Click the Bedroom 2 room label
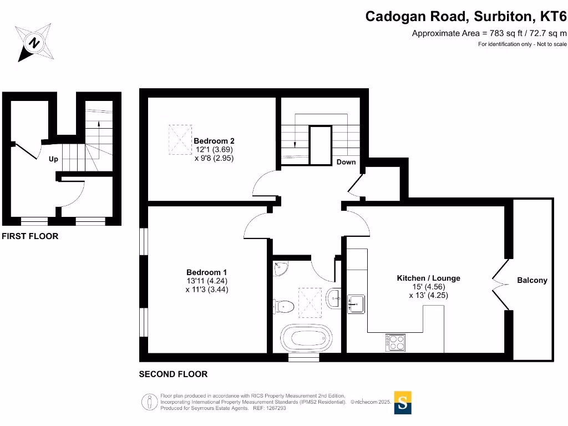pos(210,141)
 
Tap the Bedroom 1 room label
pos(206,272)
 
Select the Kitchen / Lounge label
pos(428,278)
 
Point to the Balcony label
pos(532,280)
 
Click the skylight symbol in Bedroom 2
pos(179,140)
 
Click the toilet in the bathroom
pos(283,306)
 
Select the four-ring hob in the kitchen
pos(394,342)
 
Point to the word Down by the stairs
pos(346,162)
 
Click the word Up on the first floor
pos(53,159)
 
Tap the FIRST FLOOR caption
pos(30,236)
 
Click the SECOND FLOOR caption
pos(173,374)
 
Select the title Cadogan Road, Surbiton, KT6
pos(466,17)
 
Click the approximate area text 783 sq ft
pos(489,33)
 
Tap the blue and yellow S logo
pos(403,403)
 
